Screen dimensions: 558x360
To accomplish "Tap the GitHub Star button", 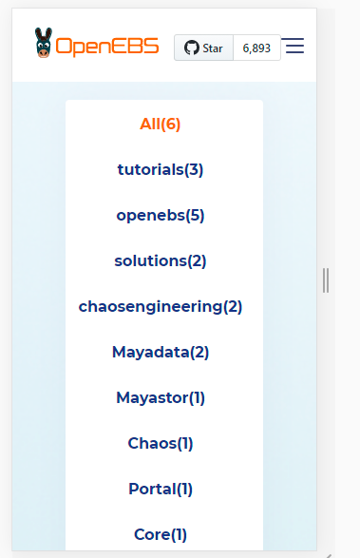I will coord(203,48).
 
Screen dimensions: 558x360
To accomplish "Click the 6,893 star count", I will coord(256,48).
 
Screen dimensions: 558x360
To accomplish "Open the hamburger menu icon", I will coord(294,47).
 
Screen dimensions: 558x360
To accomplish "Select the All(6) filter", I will coord(160,124).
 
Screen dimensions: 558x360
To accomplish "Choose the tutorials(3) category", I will coord(161,169).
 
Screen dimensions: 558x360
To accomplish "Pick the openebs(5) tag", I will coord(161,215).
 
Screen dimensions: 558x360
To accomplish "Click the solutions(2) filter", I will coord(161,260).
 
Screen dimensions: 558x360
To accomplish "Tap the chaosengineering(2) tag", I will coord(161,306).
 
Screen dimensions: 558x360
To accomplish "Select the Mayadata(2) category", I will coord(161,352).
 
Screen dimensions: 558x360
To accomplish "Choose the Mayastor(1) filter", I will coord(161,397).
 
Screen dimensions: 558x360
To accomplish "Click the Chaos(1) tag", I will coord(161,443).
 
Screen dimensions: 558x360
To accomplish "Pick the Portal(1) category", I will coord(161,489).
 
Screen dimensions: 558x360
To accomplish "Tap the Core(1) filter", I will coord(161,534).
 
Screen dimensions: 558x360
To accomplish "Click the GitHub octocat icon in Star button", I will coord(191,48).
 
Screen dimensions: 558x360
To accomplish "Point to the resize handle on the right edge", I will coord(326,279).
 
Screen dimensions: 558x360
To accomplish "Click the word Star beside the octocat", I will coord(213,48).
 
